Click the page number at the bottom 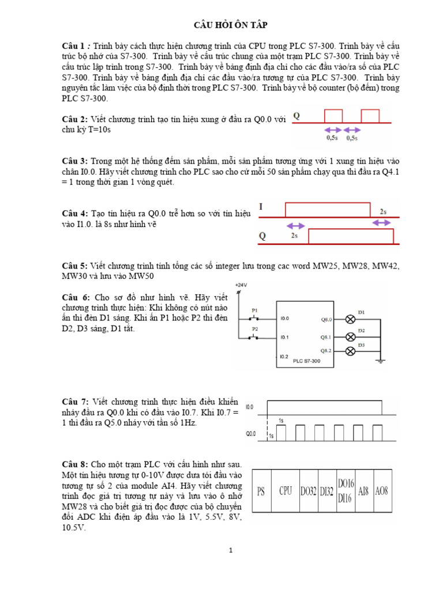coord(230,551)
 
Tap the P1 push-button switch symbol coord(254,317)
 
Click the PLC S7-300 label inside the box coord(306,361)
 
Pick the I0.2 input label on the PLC coord(284,356)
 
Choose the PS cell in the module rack coord(262,491)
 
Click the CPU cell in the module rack coord(286,491)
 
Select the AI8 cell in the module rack coord(363,491)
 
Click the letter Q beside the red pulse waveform coord(297,115)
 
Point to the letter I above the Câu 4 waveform coord(261,206)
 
